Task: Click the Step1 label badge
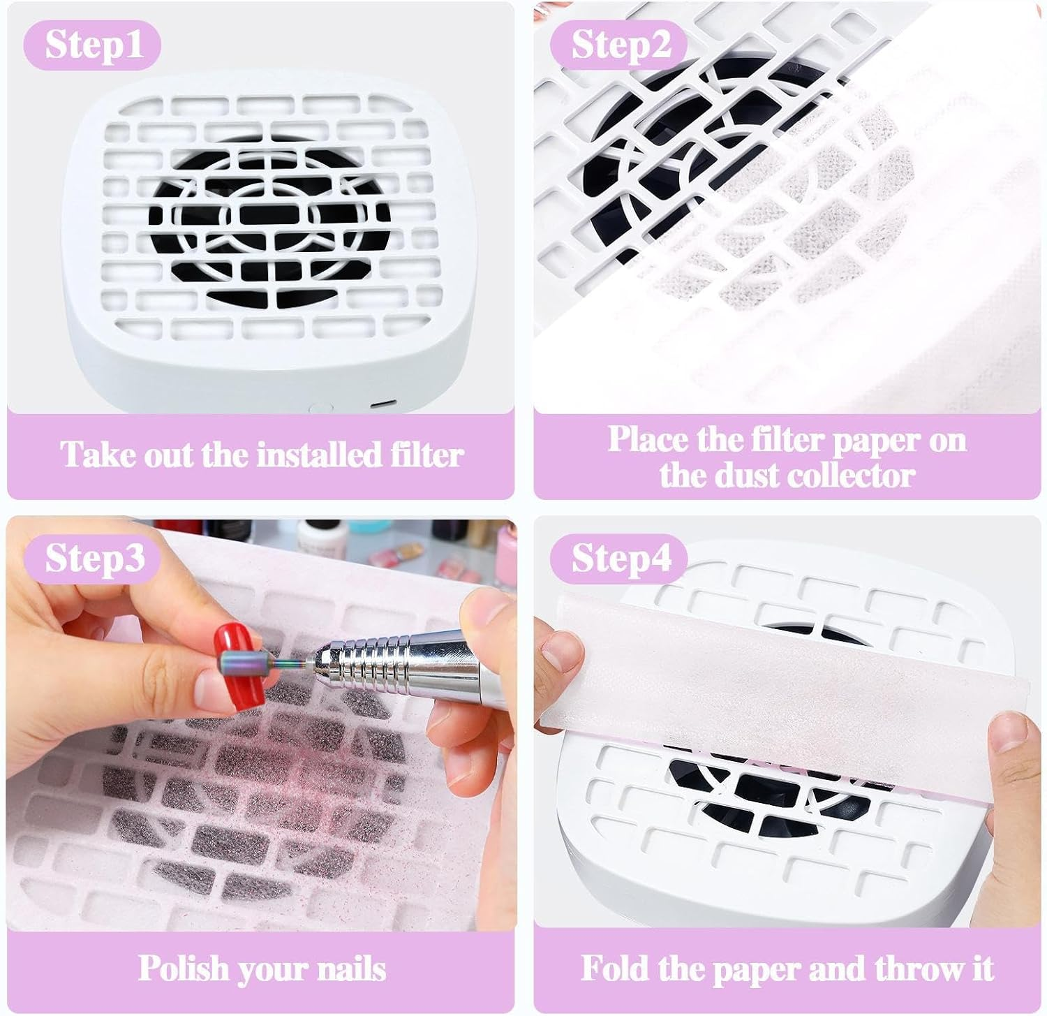pyautogui.click(x=93, y=45)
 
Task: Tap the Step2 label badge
pyautogui.click(x=619, y=45)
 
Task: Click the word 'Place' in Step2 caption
pyautogui.click(x=646, y=440)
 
